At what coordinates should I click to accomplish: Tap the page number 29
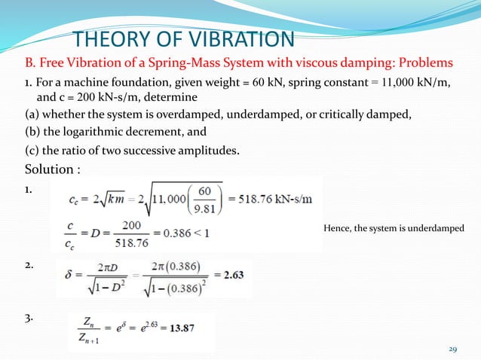[453, 349]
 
